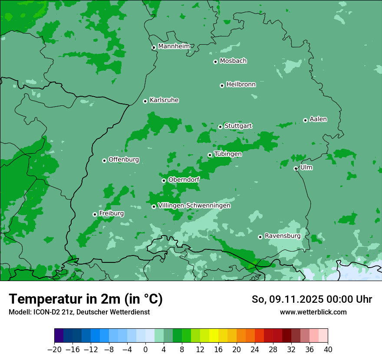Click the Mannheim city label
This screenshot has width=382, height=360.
174,46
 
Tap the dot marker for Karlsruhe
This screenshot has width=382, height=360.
145,101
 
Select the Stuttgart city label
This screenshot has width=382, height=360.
238,126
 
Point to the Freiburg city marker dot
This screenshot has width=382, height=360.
95,214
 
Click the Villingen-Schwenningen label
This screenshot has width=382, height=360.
194,206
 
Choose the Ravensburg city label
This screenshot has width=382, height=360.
282,236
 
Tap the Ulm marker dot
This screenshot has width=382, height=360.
296,168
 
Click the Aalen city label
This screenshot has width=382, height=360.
318,119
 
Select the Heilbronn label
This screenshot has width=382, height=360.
241,85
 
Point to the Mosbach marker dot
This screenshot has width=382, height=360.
215,62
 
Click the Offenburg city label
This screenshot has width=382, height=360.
124,160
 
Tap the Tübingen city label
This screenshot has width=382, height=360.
228,154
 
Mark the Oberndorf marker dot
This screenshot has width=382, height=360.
164,180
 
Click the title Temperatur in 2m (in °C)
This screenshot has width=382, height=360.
86,299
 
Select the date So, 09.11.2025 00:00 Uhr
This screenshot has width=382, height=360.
312,299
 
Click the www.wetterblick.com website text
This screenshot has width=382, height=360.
313,312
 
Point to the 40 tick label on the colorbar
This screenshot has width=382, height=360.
328,350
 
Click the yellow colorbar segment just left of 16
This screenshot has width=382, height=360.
214,336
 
